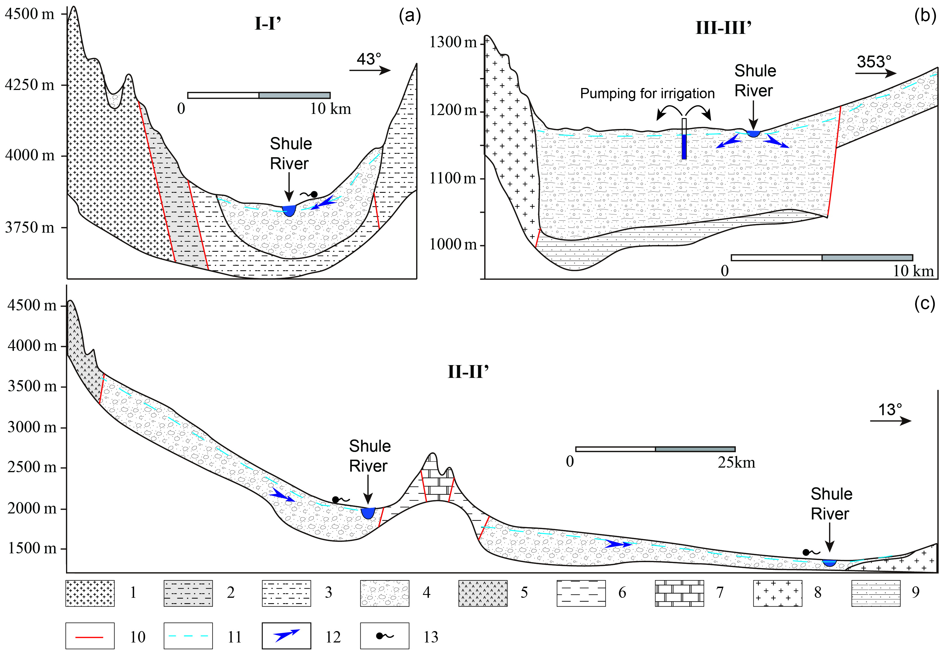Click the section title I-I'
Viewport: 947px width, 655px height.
267,24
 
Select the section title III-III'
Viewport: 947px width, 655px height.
724,28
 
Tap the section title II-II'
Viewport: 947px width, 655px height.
468,372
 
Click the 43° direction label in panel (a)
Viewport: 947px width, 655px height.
369,59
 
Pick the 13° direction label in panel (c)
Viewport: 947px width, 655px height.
890,410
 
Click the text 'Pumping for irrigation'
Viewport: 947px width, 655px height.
647,94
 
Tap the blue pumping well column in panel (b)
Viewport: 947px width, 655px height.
684,146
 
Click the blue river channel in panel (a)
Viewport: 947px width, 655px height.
289,210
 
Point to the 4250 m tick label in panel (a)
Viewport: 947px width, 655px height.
30,85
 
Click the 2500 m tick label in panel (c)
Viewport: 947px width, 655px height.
32,467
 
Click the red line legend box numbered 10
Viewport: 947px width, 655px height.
90,636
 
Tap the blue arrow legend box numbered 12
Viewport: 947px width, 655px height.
286,636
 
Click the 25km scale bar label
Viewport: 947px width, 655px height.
736,462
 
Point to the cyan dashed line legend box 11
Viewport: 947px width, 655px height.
188,636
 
